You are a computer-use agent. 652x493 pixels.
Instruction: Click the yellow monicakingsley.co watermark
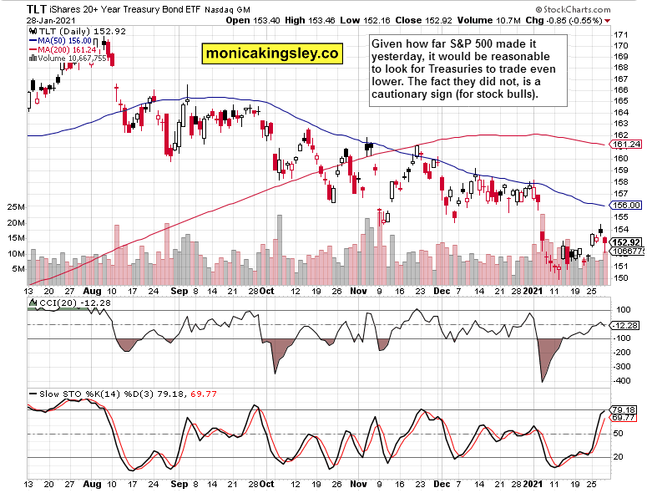tap(273, 54)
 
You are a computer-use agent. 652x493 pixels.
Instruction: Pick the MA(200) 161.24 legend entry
tap(65, 48)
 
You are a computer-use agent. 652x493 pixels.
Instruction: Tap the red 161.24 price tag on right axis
tap(626, 145)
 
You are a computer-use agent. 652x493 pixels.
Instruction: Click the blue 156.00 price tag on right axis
tap(626, 205)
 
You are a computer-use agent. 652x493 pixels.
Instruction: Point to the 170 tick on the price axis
tap(622, 34)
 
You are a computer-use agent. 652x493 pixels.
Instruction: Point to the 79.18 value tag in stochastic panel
tap(624, 409)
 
